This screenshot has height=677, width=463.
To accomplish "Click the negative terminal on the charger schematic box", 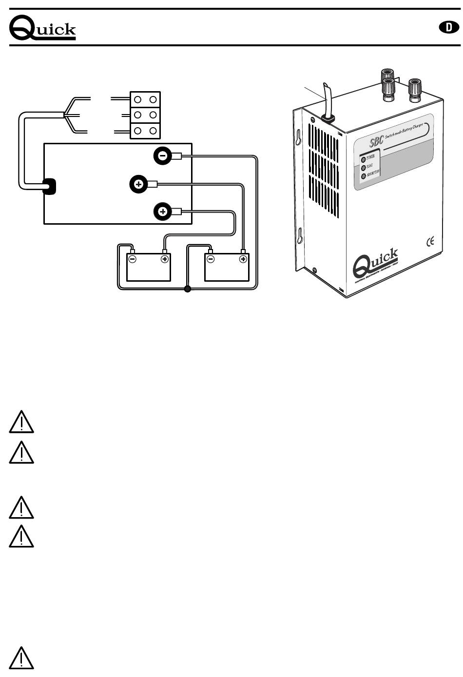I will [163, 156].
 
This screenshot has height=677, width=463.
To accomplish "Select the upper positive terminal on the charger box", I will [138, 184].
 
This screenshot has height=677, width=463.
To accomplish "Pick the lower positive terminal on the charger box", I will [163, 212].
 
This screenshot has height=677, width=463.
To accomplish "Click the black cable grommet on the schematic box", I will [49, 187].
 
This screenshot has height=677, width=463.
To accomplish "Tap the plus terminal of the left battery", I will [165, 259].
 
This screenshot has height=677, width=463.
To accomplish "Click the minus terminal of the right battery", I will [211, 259].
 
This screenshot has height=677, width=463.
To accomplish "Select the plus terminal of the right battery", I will [243, 259].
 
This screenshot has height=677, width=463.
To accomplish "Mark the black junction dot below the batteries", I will [187, 290].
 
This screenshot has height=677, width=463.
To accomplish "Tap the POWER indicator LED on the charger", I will [363, 159].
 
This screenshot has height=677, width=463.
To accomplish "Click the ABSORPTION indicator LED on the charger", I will [363, 176].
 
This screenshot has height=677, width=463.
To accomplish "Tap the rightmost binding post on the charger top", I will [415, 89].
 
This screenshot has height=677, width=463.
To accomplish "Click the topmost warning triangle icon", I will [21, 422].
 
